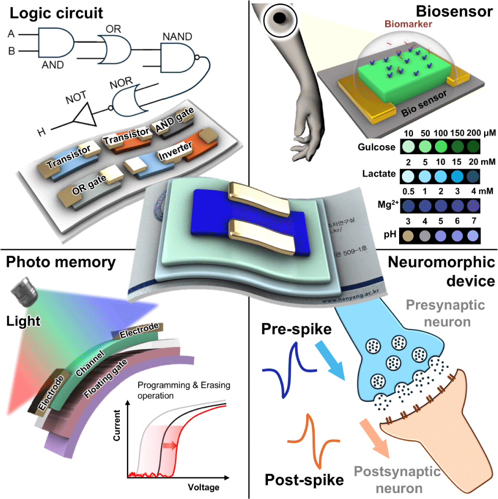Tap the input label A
coord(11,34)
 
